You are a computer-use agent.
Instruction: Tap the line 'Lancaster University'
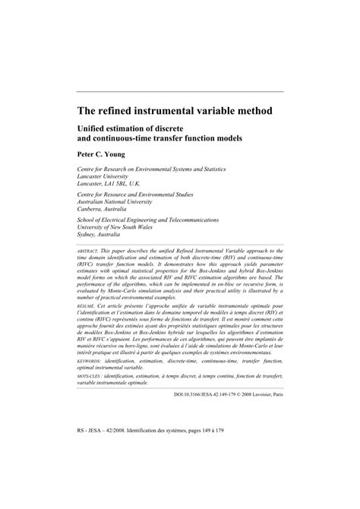(112, 175)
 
